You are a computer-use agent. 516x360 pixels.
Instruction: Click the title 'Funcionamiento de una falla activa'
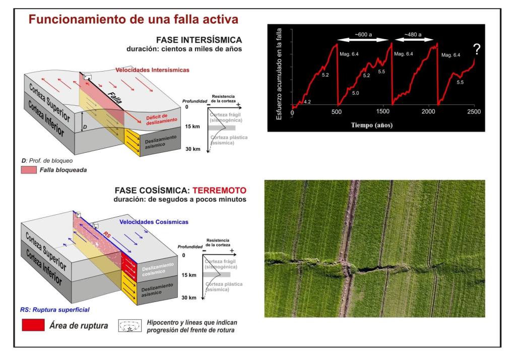click(133, 20)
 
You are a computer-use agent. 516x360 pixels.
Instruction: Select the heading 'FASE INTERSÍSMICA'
click(199, 40)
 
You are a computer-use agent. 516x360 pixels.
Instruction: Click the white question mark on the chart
click(476, 49)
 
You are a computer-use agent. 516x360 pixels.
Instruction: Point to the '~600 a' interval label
click(364, 35)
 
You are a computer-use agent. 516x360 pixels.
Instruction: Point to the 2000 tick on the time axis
click(429, 111)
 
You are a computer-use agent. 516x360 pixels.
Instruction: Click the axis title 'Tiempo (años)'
click(372, 125)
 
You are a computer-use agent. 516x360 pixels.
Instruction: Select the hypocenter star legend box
click(130, 326)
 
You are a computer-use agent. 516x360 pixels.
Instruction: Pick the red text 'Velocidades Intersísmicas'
click(152, 70)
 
